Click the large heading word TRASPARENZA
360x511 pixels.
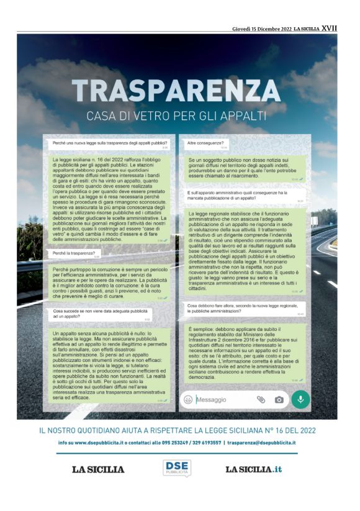180,91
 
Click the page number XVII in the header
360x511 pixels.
330,29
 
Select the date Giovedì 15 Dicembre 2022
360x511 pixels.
261,29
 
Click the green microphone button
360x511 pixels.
300,399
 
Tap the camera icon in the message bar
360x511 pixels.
279,399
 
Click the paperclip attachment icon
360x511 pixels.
261,399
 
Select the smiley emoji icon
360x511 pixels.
188,399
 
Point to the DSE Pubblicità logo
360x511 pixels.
176,468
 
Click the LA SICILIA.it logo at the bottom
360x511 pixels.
253,469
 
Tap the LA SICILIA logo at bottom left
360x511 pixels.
98,469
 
